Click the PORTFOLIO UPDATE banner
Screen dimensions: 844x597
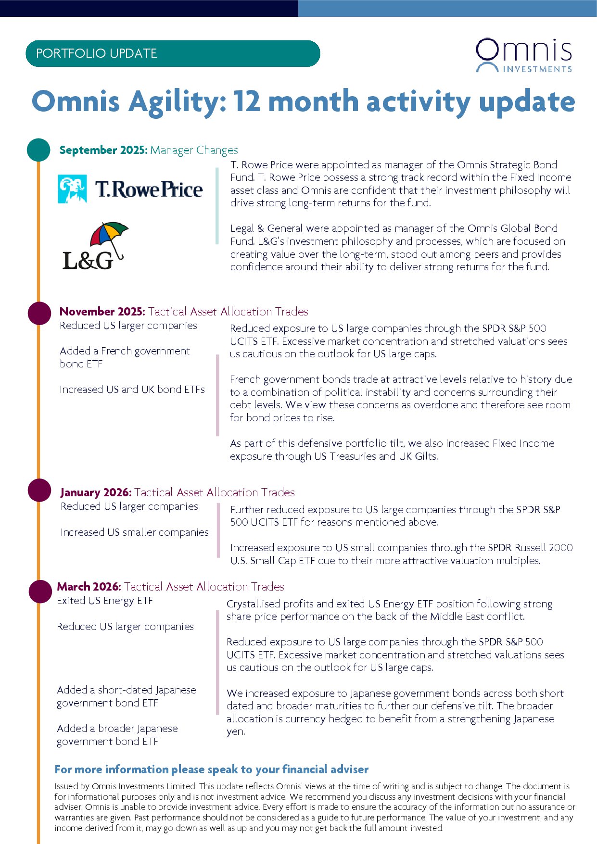point(172,53)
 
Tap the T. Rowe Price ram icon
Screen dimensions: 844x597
point(72,189)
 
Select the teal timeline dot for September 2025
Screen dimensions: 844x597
point(38,150)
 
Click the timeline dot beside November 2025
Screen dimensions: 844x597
point(39,313)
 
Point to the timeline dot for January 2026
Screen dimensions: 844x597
point(39,491)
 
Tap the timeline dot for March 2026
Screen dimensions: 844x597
point(39,591)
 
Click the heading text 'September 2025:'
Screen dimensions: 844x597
point(103,150)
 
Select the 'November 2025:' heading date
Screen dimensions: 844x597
point(102,312)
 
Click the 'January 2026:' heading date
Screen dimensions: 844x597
point(96,492)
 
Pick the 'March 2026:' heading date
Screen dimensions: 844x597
point(89,587)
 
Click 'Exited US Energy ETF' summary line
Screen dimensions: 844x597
point(105,601)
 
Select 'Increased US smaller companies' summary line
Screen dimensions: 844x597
point(135,532)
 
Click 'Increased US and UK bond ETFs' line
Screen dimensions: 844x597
point(132,390)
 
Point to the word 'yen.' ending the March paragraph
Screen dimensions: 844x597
point(236,732)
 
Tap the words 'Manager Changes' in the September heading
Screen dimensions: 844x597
point(194,150)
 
